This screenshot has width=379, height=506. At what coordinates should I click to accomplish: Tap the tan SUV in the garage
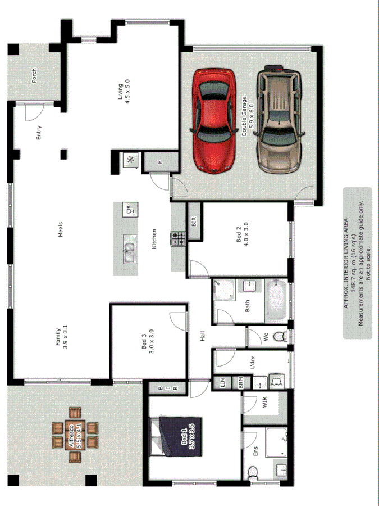pyautogui.click(x=279, y=119)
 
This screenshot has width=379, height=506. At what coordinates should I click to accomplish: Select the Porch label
pyautogui.click(x=34, y=75)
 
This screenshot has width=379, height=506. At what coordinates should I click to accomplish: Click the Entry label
pyautogui.click(x=39, y=132)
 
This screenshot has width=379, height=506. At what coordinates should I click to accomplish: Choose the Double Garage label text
pyautogui.click(x=248, y=117)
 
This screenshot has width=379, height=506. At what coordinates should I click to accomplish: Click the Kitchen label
pyautogui.click(x=153, y=240)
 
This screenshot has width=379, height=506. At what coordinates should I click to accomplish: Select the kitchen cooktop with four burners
pyautogui.click(x=178, y=239)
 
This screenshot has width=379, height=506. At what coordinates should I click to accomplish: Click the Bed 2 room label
pyautogui.click(x=242, y=234)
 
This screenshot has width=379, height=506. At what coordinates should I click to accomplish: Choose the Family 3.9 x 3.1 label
pyautogui.click(x=62, y=338)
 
